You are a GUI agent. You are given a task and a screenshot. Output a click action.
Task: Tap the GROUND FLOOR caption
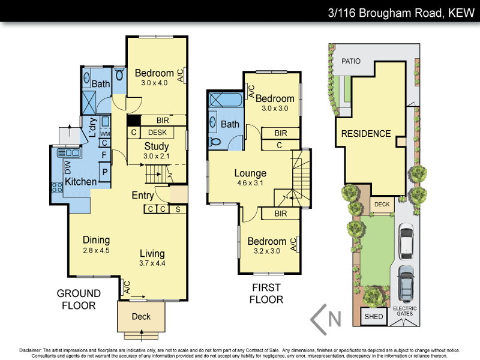click(x=79, y=299)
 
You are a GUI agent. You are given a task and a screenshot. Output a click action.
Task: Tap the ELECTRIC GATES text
click(x=404, y=311)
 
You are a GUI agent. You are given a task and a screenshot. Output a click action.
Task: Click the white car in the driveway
click(x=406, y=239)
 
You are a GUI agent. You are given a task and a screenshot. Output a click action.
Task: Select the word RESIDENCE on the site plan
click(x=365, y=134)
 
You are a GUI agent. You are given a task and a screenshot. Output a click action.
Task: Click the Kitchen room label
click(x=81, y=182)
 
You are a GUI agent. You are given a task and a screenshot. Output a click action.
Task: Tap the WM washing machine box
click(x=104, y=133)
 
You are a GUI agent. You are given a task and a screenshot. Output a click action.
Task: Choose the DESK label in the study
click(x=157, y=133)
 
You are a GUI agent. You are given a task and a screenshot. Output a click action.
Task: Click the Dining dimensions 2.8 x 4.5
click(x=95, y=250)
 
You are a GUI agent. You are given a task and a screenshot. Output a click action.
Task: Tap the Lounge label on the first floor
click(x=250, y=174)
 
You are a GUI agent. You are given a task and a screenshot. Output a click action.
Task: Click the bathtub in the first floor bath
click(x=224, y=100)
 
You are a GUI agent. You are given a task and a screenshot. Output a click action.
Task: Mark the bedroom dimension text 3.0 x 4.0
click(x=154, y=83)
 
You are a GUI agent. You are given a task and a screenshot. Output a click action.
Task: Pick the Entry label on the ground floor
click(x=143, y=196)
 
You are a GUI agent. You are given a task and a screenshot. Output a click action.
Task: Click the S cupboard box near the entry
click(x=178, y=209)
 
